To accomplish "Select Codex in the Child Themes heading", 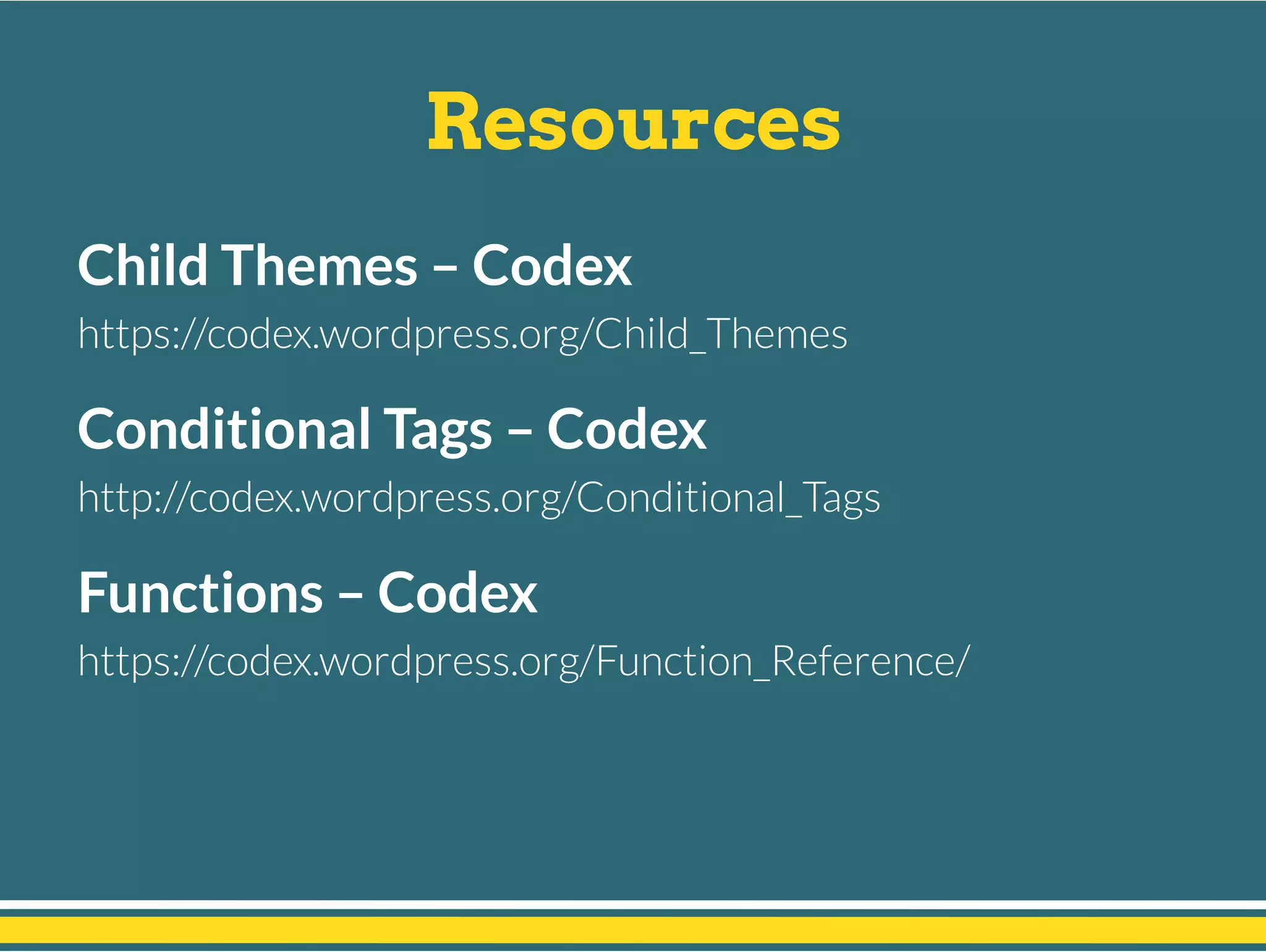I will [552, 266].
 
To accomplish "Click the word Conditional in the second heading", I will [224, 429].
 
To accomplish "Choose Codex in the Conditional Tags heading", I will [626, 429].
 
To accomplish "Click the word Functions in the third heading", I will [200, 592].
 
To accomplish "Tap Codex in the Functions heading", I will [457, 593].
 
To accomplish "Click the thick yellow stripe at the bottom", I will [633, 929].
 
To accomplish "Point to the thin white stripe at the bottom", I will [633, 904].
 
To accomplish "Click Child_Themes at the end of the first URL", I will [721, 334].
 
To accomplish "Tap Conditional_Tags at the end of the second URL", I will [728, 497].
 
